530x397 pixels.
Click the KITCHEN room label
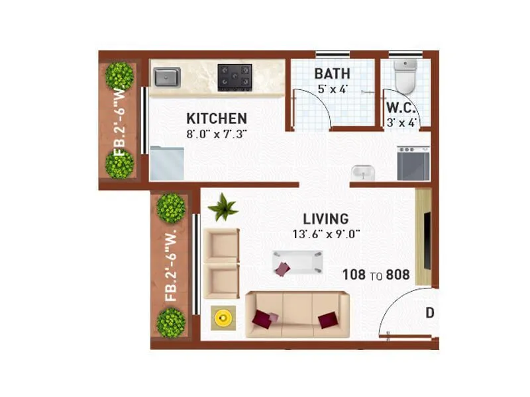tap(217, 118)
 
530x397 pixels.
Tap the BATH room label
tap(332, 73)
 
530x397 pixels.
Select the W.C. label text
tap(401, 108)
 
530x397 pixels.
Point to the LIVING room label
tap(325, 218)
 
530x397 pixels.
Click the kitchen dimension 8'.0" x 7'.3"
tap(217, 134)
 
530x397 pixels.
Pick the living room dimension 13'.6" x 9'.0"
tap(325, 234)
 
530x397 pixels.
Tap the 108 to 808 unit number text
tap(376, 275)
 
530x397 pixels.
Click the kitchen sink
tap(167, 77)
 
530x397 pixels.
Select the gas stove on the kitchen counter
tap(235, 77)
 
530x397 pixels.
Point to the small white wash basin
tap(362, 172)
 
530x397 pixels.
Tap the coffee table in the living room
tap(297, 263)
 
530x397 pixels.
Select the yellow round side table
tap(223, 319)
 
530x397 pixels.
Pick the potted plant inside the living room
tap(223, 208)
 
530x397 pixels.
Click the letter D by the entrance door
tap(430, 313)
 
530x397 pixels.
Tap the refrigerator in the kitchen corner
tap(166, 163)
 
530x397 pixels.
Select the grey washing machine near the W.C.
tap(413, 163)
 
